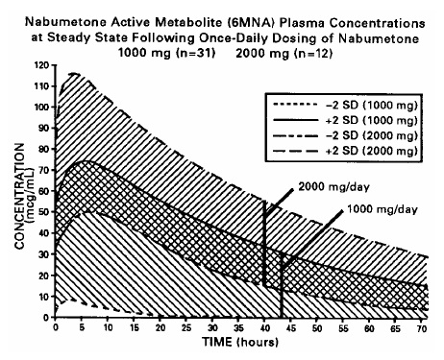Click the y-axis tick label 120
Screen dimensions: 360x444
[39, 65]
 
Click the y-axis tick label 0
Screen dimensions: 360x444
[45, 317]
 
